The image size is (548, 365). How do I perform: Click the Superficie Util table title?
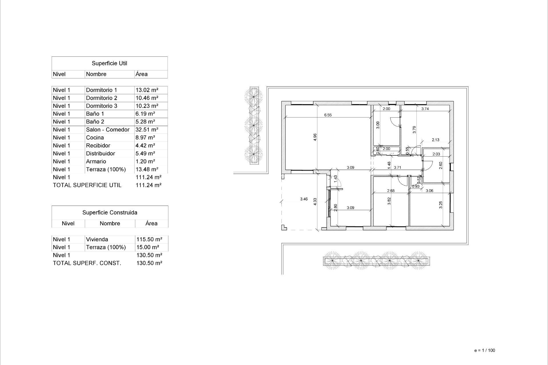pyautogui.click(x=109, y=63)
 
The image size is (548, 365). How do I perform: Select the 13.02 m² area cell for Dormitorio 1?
pyautogui.click(x=147, y=90)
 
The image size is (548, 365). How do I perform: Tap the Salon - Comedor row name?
pyautogui.click(x=108, y=130)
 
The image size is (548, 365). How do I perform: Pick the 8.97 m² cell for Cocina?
pyautogui.click(x=145, y=138)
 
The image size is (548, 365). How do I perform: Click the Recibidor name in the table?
pyautogui.click(x=98, y=146)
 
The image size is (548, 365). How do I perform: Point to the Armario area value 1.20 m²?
pyautogui.click(x=145, y=161)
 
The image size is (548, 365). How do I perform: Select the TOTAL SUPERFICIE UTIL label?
pyautogui.click(x=87, y=185)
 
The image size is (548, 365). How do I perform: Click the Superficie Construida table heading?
pyautogui.click(x=110, y=213)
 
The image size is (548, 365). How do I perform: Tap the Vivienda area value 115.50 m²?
pyautogui.click(x=149, y=240)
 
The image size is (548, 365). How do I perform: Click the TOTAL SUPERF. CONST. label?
pyautogui.click(x=87, y=263)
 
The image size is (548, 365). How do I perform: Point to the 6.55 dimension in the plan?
pyautogui.click(x=328, y=115)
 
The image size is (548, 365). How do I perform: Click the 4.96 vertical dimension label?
pyautogui.click(x=315, y=137)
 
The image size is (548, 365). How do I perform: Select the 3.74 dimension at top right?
pyautogui.click(x=425, y=109)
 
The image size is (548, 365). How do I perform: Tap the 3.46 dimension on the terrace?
pyautogui.click(x=304, y=199)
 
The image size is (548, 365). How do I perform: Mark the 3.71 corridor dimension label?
pyautogui.click(x=397, y=168)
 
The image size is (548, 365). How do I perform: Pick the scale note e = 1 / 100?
pyautogui.click(x=485, y=350)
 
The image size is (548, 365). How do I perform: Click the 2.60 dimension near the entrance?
pyautogui.click(x=440, y=166)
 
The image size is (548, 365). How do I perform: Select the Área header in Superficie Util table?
pyautogui.click(x=142, y=74)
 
